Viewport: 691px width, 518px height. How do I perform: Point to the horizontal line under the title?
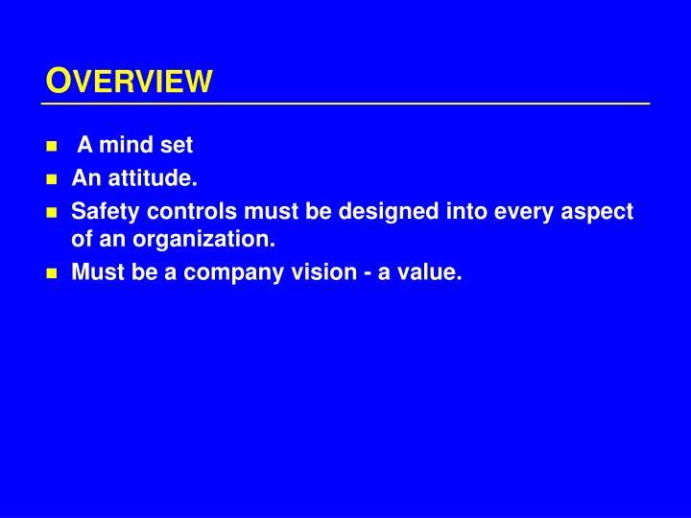point(345,103)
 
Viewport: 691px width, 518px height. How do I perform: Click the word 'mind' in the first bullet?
point(122,146)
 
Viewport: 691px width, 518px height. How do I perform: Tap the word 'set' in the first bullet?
point(176,146)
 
